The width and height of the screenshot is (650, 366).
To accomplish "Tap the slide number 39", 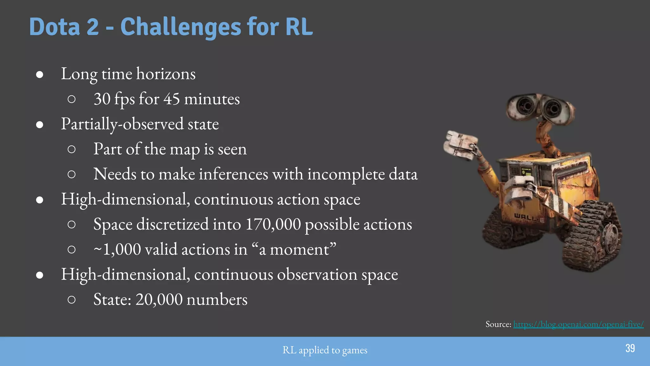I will pos(630,348).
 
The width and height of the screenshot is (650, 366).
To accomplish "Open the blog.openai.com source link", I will pos(578,324).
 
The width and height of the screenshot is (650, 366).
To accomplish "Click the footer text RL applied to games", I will pos(325,350).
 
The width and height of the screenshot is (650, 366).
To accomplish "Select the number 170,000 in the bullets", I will pos(273,224).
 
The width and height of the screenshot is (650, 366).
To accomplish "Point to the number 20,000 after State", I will pos(159,299).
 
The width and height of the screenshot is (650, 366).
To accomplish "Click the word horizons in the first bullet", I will pos(166,74).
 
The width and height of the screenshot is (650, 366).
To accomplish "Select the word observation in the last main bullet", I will pos(317,274).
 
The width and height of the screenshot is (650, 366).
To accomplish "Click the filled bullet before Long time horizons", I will pos(40,74).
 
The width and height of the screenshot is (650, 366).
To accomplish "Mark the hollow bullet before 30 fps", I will pos(72,99).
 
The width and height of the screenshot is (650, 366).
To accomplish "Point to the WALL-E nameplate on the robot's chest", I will pos(529,218).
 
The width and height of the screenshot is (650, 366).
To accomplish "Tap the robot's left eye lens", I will pos(525,105).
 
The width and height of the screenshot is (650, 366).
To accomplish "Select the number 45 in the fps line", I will pos(172,99).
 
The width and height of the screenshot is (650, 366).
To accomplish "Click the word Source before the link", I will pos(498,324).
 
